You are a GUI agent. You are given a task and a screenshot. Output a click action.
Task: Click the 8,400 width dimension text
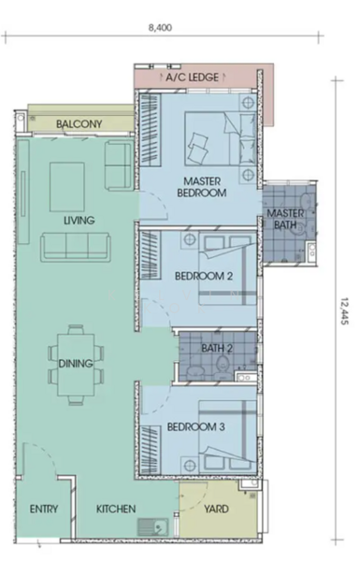click(160, 27)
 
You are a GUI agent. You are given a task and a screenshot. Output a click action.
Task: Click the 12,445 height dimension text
click(344, 311)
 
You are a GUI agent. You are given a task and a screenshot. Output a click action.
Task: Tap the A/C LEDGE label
click(193, 78)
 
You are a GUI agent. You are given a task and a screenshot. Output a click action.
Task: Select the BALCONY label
click(79, 124)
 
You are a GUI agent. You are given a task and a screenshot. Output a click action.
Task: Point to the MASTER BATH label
click(285, 219)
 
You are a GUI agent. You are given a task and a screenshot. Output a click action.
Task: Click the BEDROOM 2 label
click(204, 276)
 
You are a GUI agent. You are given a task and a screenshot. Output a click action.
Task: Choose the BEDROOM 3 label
click(195, 427)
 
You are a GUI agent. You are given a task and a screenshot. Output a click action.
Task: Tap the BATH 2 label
click(217, 348)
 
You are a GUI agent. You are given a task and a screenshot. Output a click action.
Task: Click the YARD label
click(216, 509)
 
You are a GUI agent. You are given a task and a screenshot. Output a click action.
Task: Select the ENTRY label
click(44, 509)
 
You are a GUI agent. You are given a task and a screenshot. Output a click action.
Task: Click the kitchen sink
click(153, 527)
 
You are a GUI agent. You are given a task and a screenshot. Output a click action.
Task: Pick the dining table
click(76, 365)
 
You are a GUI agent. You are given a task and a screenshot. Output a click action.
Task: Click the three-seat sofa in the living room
click(76, 247)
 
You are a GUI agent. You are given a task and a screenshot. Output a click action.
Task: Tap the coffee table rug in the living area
click(67, 187)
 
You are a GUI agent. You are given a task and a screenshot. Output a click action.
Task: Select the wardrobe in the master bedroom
click(150, 130)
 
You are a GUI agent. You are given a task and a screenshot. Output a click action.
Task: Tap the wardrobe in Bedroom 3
click(150, 449)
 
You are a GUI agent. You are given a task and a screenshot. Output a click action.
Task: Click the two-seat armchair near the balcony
click(119, 165)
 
